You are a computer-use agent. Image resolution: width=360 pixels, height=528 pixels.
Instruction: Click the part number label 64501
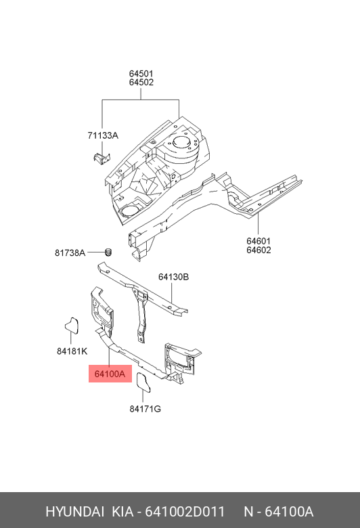point(141,73)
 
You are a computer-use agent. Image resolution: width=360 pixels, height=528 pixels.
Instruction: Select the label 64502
point(141,82)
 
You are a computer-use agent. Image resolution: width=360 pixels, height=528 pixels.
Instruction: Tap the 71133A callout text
point(103,135)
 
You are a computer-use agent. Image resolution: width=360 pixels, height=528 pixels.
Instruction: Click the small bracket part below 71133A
point(102,158)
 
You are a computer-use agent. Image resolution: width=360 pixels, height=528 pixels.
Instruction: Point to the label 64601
point(258,241)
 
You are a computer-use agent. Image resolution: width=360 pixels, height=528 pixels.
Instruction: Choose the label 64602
point(258,250)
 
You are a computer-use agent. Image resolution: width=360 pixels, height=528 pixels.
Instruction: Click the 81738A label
point(70,252)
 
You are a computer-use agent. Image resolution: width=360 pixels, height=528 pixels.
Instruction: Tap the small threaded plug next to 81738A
point(108,252)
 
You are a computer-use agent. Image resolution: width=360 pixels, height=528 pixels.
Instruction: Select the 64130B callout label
point(173,277)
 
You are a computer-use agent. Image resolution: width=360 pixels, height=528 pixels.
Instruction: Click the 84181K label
point(72,351)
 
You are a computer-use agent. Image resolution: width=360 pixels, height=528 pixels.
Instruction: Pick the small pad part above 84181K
point(72,325)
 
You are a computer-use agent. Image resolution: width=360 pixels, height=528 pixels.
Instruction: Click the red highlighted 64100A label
point(110,374)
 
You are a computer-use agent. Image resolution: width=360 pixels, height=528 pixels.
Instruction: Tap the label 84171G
point(145,409)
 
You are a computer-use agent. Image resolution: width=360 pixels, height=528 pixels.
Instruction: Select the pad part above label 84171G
point(143,382)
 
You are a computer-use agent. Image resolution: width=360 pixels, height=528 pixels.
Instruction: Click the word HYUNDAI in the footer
point(74,512)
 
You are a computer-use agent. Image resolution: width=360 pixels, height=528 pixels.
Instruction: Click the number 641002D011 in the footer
point(185,512)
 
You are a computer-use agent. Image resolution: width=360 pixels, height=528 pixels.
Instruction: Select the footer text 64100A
point(289,512)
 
